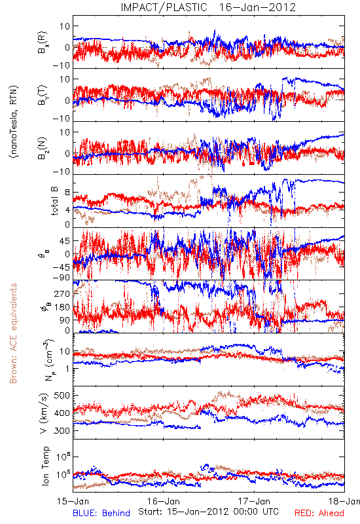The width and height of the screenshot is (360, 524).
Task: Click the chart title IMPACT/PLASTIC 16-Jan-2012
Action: click(x=208, y=7)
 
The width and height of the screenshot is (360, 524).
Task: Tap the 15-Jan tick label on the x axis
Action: click(x=73, y=502)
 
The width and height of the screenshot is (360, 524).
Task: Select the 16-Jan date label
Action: click(x=164, y=502)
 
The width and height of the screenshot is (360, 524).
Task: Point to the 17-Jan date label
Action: click(x=254, y=502)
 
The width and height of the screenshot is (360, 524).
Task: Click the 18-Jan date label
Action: click(x=344, y=502)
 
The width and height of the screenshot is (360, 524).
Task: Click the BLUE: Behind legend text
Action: click(x=101, y=514)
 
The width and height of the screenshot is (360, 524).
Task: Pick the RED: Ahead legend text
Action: click(x=319, y=514)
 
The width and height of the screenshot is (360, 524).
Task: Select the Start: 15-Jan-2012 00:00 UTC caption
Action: click(x=208, y=512)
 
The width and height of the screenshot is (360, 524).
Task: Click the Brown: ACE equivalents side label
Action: click(x=13, y=333)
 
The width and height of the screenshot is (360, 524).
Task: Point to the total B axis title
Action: click(x=55, y=201)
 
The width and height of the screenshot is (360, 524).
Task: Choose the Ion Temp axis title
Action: click(x=45, y=466)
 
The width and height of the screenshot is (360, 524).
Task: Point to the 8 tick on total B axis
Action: click(x=67, y=193)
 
